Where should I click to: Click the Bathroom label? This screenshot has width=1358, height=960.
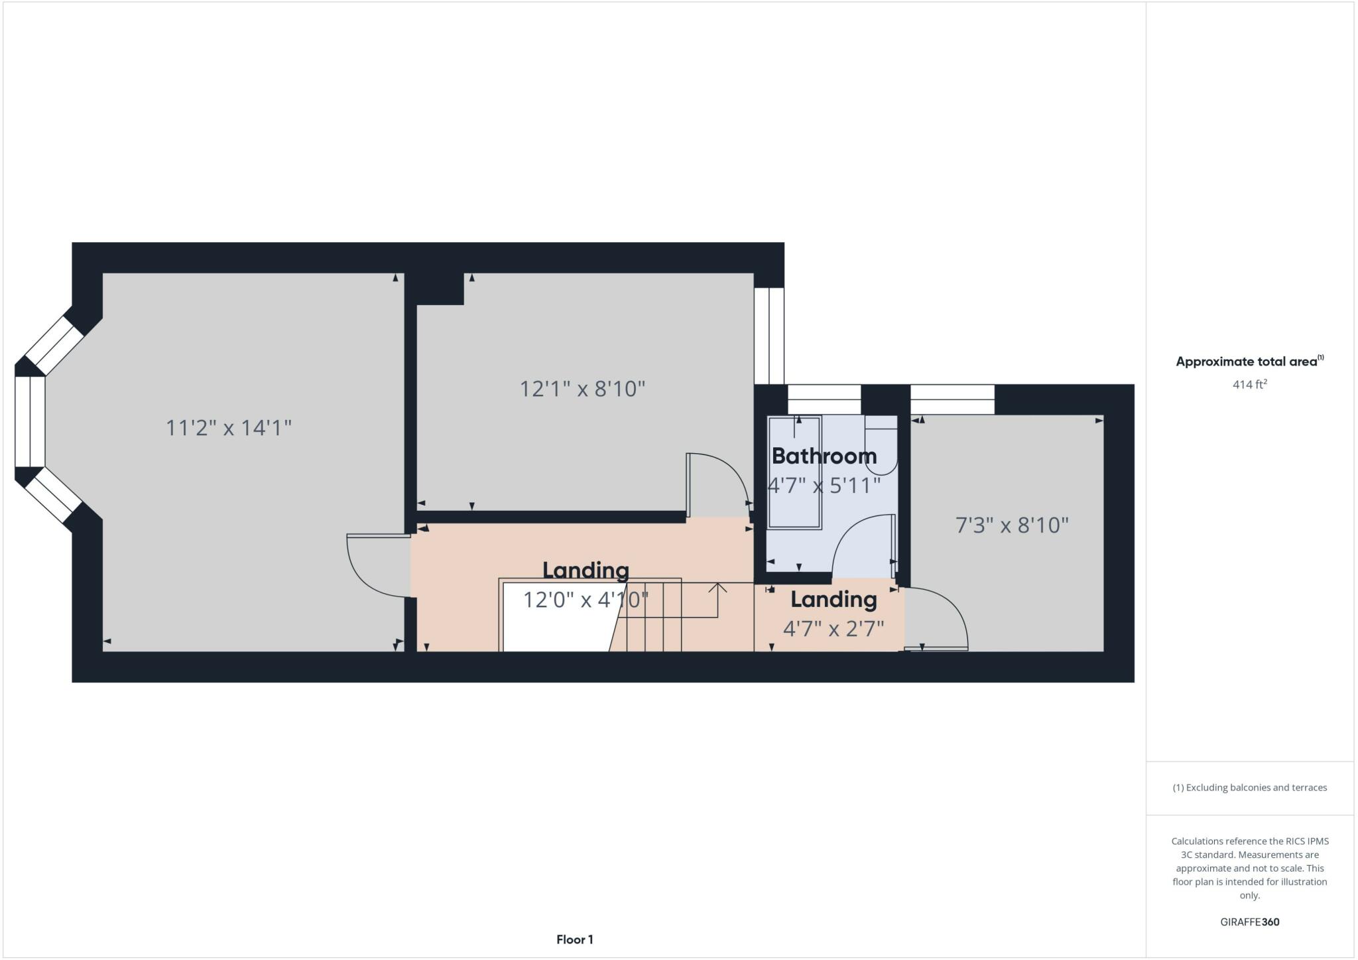[x=824, y=456]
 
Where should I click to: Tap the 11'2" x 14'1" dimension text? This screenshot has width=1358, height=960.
[x=228, y=428]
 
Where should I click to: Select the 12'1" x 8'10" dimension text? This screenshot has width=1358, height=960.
[x=582, y=388]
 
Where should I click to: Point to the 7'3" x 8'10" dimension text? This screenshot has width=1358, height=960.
[x=1011, y=525]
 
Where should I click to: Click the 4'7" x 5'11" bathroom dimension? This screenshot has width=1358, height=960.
[x=824, y=486]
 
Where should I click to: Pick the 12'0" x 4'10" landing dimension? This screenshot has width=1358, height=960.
[x=586, y=600]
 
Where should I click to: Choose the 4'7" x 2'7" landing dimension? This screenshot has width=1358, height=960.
[x=833, y=628]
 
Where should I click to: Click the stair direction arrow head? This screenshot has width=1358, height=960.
[x=717, y=587]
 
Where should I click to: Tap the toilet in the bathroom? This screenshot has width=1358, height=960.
[x=881, y=445]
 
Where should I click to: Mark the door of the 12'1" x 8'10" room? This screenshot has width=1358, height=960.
[x=719, y=481]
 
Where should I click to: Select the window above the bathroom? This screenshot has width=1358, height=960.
[x=824, y=400]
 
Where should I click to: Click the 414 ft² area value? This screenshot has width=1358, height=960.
[x=1249, y=384]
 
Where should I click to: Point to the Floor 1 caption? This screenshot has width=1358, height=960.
[x=574, y=939]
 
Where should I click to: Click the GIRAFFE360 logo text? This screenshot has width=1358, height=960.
[x=1249, y=922]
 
